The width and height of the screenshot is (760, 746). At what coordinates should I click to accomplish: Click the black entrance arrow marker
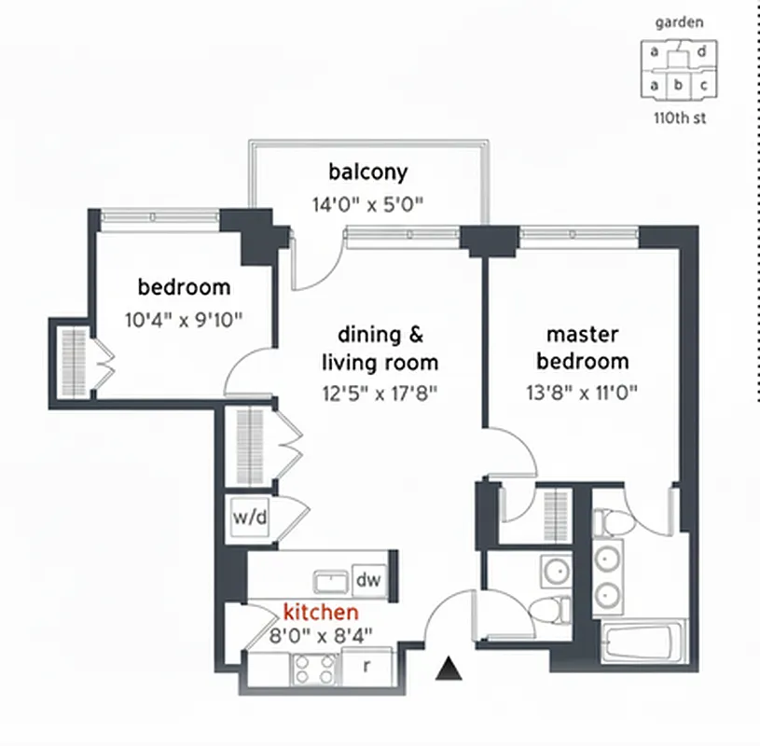[450, 668]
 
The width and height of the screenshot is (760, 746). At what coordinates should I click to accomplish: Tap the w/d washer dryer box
[251, 518]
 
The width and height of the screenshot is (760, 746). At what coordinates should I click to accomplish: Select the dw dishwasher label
[369, 580]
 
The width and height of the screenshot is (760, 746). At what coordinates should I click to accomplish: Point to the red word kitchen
[320, 613]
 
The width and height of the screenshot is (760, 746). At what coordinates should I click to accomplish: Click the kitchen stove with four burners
[314, 668]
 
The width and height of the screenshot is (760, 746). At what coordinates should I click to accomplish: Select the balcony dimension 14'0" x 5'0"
[368, 204]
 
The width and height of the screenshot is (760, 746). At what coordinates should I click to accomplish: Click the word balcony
[368, 172]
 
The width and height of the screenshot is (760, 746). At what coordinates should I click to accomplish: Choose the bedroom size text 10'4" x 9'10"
[184, 319]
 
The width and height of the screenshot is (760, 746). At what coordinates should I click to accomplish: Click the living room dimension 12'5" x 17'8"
[380, 392]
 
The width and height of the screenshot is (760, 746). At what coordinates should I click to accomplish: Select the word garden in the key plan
[680, 22]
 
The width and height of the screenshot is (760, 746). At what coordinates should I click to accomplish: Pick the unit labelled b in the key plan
[679, 86]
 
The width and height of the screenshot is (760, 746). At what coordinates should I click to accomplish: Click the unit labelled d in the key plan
[701, 53]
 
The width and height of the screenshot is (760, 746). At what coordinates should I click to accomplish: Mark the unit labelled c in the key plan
[704, 86]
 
